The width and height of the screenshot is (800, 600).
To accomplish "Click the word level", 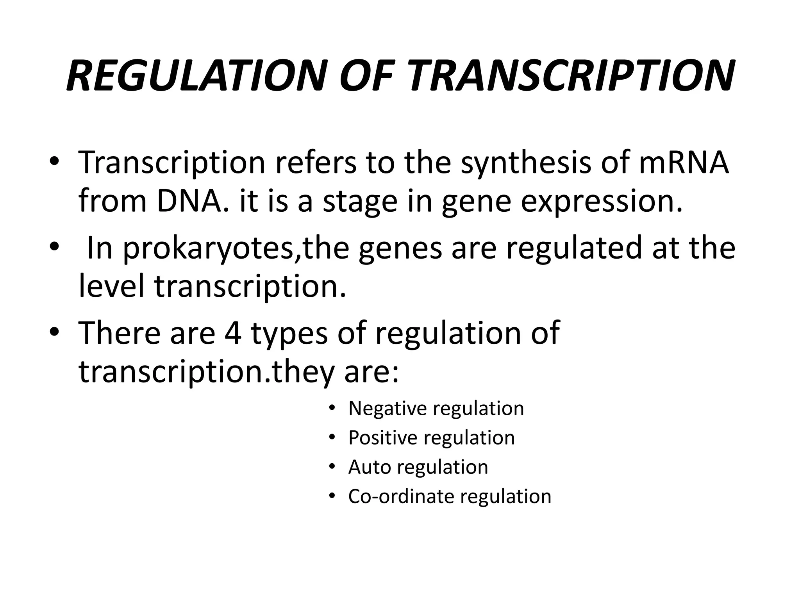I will [111, 286].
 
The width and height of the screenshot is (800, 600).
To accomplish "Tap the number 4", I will [233, 333].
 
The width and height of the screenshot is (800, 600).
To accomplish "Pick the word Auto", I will [369, 467].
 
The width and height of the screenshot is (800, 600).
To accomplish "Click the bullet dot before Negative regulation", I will [332, 409].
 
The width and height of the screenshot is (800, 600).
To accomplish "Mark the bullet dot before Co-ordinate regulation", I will [332, 497].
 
